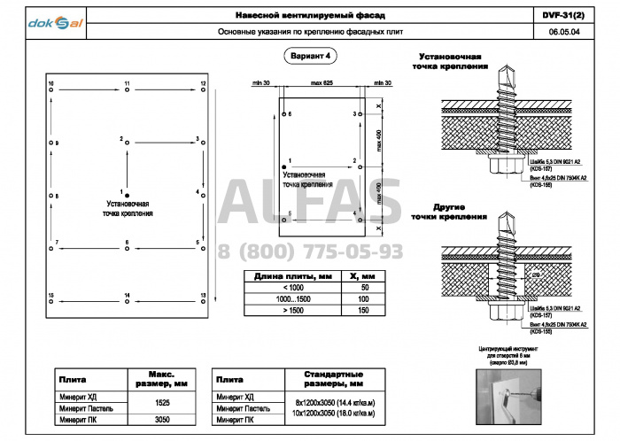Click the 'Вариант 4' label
point(311,56)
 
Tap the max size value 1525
point(162,402)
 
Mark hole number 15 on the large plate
point(50,300)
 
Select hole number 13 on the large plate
point(204,300)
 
